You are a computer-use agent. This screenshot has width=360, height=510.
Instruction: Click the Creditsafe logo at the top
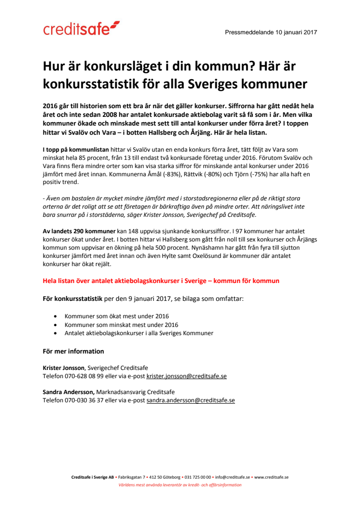click(81, 29)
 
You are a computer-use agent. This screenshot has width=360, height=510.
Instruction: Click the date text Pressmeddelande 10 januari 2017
click(271, 32)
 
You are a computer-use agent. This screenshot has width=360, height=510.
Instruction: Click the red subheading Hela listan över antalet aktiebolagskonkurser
click(161, 281)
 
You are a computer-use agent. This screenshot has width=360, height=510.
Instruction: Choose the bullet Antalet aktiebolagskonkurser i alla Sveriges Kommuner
click(139, 333)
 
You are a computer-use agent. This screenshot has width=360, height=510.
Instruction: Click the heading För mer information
click(73, 351)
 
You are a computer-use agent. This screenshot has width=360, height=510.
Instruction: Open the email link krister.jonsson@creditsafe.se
click(186, 375)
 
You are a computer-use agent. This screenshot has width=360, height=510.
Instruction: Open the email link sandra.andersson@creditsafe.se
click(191, 400)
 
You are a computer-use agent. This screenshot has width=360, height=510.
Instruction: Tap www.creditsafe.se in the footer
click(271, 477)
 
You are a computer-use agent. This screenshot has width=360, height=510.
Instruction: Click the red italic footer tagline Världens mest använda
click(180, 485)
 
